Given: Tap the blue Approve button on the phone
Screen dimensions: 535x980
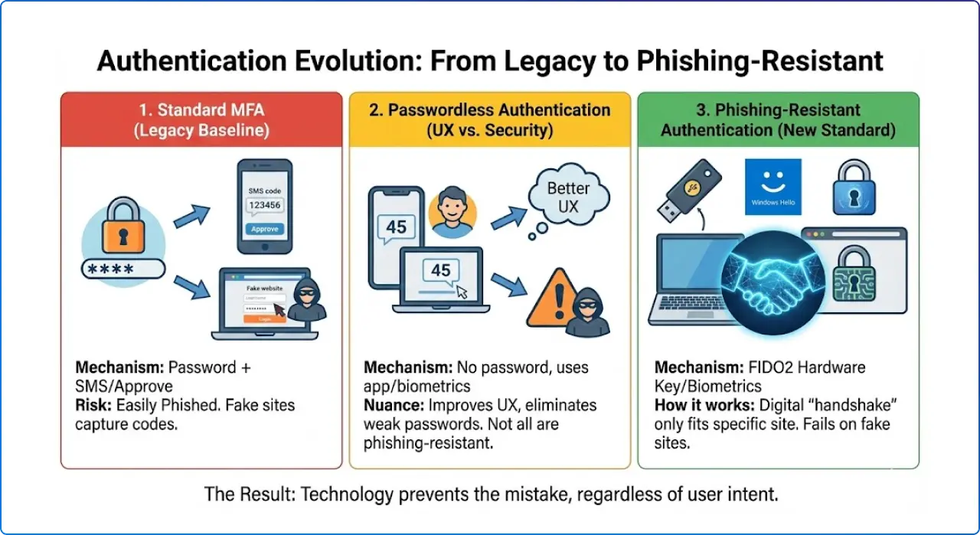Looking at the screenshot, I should point(265,229).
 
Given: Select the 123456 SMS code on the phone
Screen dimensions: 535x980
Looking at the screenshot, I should point(265,205).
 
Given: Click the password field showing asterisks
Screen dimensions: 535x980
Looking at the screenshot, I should point(122,269).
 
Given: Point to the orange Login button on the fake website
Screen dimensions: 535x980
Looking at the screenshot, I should point(264,318).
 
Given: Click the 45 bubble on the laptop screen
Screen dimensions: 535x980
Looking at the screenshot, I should point(441,271).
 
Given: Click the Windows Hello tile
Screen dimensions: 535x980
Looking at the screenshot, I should point(773,187).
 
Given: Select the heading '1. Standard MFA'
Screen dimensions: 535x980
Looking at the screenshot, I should point(201,110).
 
